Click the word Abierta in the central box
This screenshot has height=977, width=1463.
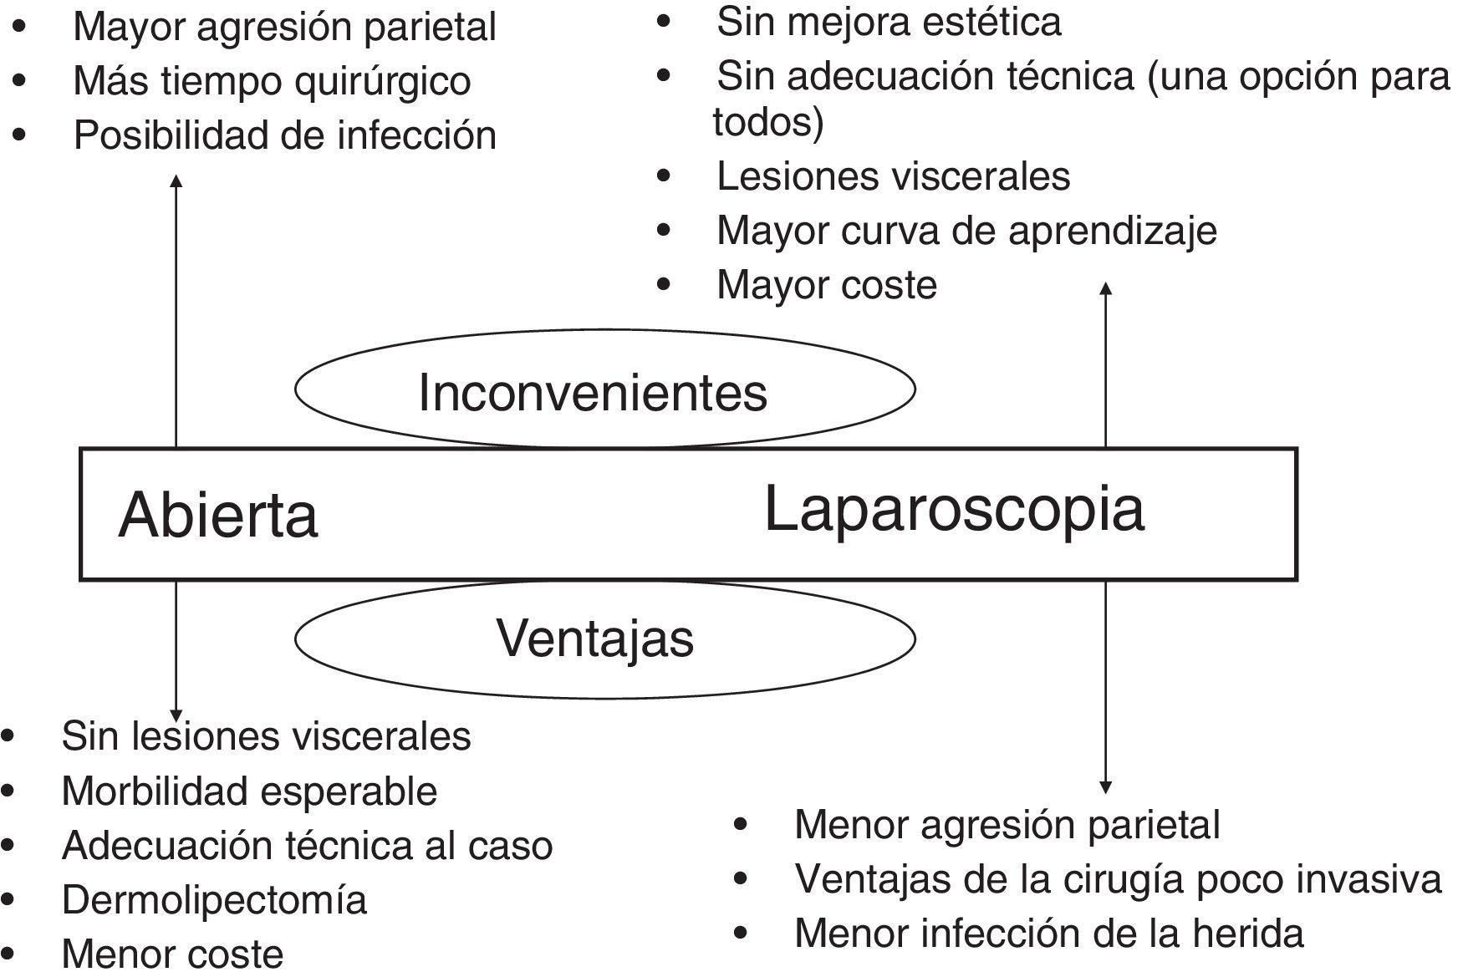tap(218, 515)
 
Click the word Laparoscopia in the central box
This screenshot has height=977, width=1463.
tap(954, 509)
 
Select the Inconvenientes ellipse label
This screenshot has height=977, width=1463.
tap(593, 392)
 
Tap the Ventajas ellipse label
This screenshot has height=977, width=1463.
tap(595, 639)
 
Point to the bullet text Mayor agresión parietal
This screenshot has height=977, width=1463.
tap(284, 27)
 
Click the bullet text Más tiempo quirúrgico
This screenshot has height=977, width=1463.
tap(272, 81)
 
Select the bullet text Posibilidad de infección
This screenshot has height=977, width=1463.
tap(284, 135)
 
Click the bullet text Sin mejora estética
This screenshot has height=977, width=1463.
tap(889, 22)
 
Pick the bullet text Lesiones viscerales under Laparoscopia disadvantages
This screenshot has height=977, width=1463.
tap(893, 176)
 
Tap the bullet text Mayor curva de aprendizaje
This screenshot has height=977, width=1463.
tap(966, 231)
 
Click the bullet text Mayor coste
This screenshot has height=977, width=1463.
tap(827, 285)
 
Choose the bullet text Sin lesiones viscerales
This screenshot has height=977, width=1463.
tap(266, 736)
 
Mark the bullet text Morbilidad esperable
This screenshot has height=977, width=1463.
tap(249, 791)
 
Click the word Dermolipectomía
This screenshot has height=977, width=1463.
tap(214, 900)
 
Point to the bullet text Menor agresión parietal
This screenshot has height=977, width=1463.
tap(1007, 825)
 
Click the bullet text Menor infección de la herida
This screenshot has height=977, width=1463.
tap(1048, 934)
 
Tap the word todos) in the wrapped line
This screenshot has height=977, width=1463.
tap(768, 122)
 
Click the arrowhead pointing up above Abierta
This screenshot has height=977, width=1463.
tap(176, 180)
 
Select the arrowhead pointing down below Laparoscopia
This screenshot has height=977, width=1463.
tap(1105, 787)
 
